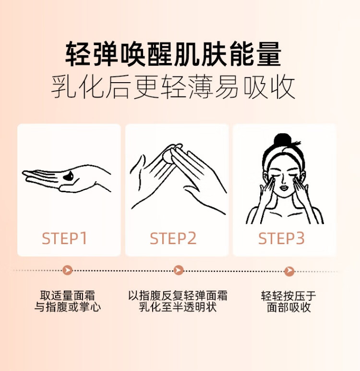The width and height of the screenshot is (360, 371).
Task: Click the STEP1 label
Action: [64, 238]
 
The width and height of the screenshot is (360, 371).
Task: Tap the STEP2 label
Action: [173, 238]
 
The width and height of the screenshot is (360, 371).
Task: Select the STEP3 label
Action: [281, 238]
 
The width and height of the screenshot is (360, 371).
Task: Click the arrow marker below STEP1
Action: [68, 270]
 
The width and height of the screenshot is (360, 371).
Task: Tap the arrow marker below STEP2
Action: [179, 270]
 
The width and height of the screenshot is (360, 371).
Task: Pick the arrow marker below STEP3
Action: [289, 271]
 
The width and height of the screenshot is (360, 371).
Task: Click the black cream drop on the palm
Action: [68, 176]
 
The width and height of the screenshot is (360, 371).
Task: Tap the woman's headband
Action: [283, 153]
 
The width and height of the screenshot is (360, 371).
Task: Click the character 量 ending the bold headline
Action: [269, 54]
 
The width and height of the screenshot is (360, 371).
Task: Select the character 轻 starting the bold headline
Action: [77, 54]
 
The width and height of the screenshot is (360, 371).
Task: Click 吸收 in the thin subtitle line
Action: [269, 87]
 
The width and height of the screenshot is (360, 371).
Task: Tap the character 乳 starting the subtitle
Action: [63, 87]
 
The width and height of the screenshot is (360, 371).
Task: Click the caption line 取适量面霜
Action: [67, 296]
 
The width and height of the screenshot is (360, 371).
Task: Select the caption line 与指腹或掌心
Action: [68, 307]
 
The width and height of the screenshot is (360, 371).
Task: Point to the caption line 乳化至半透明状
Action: [178, 307]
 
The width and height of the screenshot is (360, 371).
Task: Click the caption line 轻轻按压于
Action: [288, 296]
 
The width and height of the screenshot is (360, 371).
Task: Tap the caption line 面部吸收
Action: [288, 307]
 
